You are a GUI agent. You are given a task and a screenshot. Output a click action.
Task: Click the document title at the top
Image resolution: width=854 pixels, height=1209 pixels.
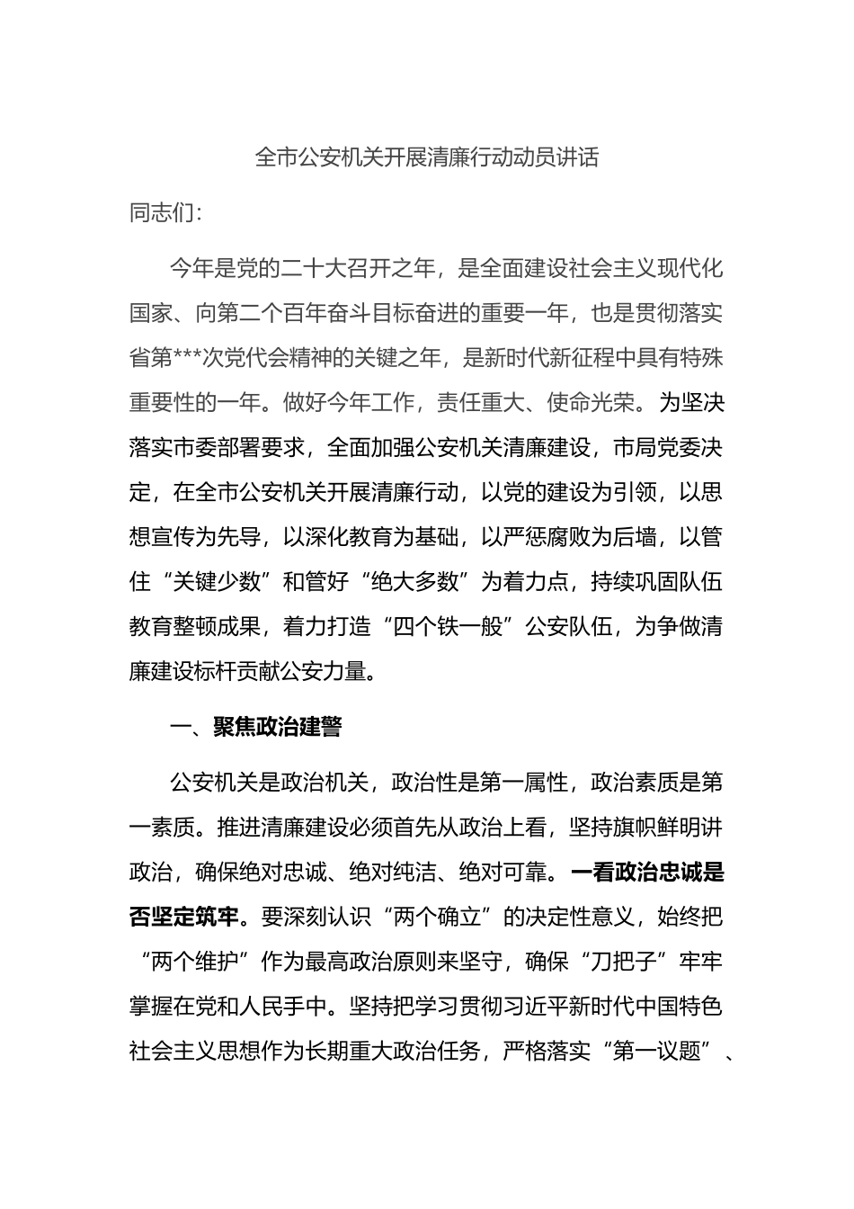[x=427, y=158]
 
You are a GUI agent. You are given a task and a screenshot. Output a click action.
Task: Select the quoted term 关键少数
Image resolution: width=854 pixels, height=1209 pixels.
[x=217, y=581]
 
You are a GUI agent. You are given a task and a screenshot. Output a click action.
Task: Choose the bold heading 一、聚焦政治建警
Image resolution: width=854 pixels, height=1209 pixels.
[x=256, y=727]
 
